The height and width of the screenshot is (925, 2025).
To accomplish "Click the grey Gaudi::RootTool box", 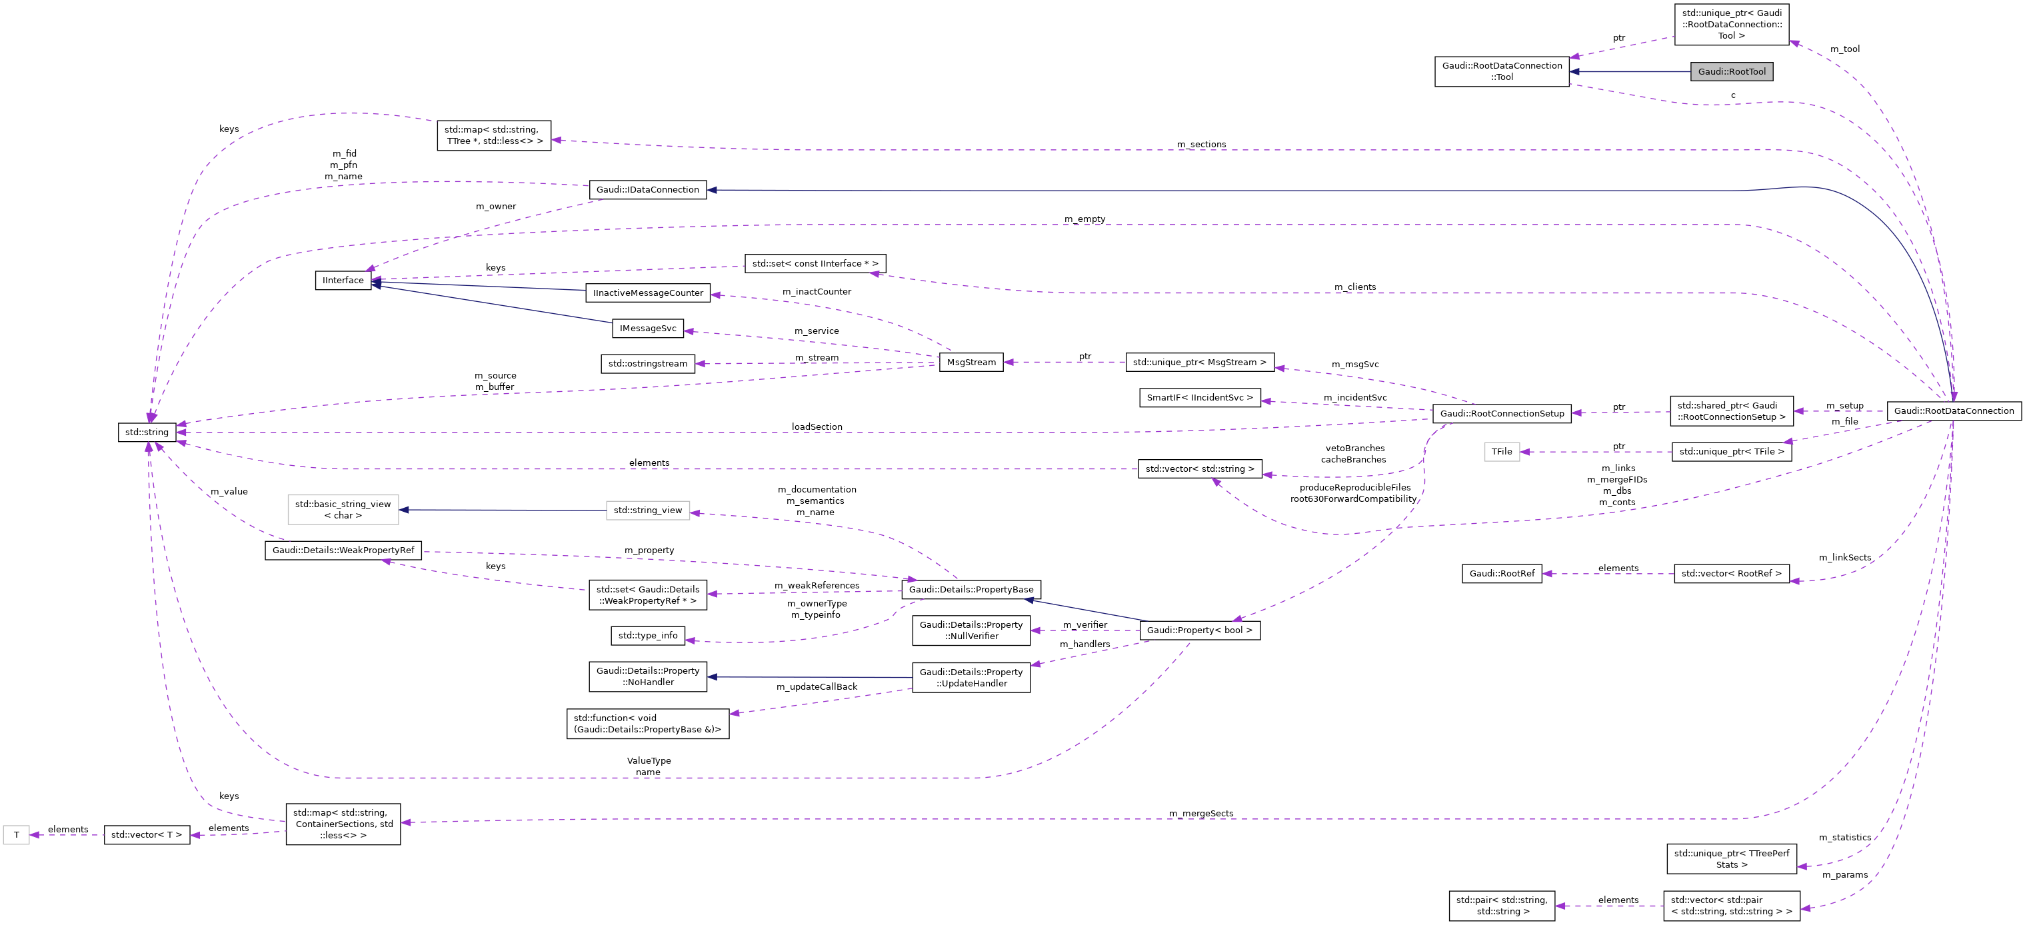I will (x=1731, y=71).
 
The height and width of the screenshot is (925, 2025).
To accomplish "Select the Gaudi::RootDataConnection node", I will (x=1954, y=411).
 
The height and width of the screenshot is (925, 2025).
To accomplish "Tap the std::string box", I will (x=147, y=433).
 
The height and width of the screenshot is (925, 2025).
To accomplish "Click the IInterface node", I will (x=343, y=281).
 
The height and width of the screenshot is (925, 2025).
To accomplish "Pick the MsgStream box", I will (x=971, y=363).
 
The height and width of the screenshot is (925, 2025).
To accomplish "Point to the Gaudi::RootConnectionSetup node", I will (x=1502, y=413).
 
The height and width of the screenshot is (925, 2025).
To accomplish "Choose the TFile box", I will (x=1502, y=452).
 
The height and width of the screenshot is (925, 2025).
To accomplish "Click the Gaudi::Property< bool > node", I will (x=1200, y=630).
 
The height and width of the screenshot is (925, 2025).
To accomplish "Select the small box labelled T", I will (x=17, y=834).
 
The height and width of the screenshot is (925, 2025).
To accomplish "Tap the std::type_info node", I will (x=648, y=636).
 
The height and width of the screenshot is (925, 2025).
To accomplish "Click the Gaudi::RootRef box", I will (x=1502, y=574).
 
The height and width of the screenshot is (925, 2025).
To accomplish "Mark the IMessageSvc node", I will (x=648, y=329).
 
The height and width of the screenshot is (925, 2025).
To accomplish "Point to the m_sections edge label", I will (x=1201, y=145).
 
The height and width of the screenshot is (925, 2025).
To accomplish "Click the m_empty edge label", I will (x=1085, y=219).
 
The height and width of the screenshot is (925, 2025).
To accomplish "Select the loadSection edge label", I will (x=817, y=427).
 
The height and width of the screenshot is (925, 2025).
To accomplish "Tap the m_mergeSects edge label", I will (x=1201, y=814).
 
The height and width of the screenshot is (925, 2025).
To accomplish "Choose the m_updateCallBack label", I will (x=817, y=687).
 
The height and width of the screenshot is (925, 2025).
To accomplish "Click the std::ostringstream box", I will (x=648, y=364).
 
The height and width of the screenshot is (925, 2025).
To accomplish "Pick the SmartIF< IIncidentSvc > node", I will (x=1200, y=398).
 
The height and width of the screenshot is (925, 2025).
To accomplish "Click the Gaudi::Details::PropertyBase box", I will (x=971, y=589).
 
